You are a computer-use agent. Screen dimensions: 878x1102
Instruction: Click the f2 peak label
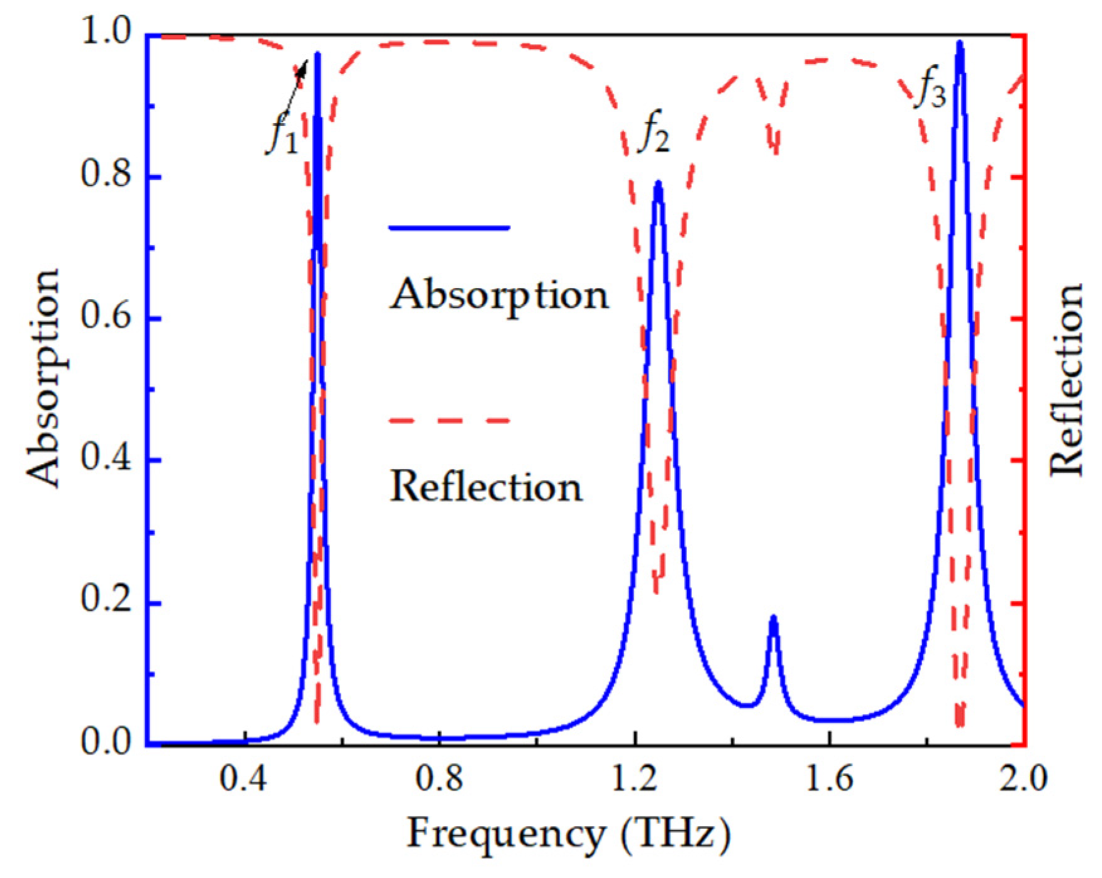pyautogui.click(x=654, y=135)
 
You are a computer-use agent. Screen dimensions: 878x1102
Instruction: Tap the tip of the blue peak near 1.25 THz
pyautogui.click(x=658, y=183)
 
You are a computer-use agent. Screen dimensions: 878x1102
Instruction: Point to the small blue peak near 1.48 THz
pyautogui.click(x=773, y=618)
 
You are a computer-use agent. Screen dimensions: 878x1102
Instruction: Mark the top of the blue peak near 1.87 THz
pyautogui.click(x=959, y=43)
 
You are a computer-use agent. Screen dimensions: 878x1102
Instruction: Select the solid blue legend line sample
pyautogui.click(x=449, y=228)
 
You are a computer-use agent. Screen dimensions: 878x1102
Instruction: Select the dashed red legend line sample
pyautogui.click(x=449, y=420)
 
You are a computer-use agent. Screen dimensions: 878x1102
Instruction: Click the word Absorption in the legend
pyautogui.click(x=499, y=294)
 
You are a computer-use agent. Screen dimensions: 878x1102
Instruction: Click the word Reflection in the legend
pyautogui.click(x=486, y=486)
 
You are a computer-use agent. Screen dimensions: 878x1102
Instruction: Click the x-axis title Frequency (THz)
pyautogui.click(x=569, y=835)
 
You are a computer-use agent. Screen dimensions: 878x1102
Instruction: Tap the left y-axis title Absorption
pyautogui.click(x=43, y=378)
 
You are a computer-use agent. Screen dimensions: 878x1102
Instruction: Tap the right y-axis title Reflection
pyautogui.click(x=1066, y=380)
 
